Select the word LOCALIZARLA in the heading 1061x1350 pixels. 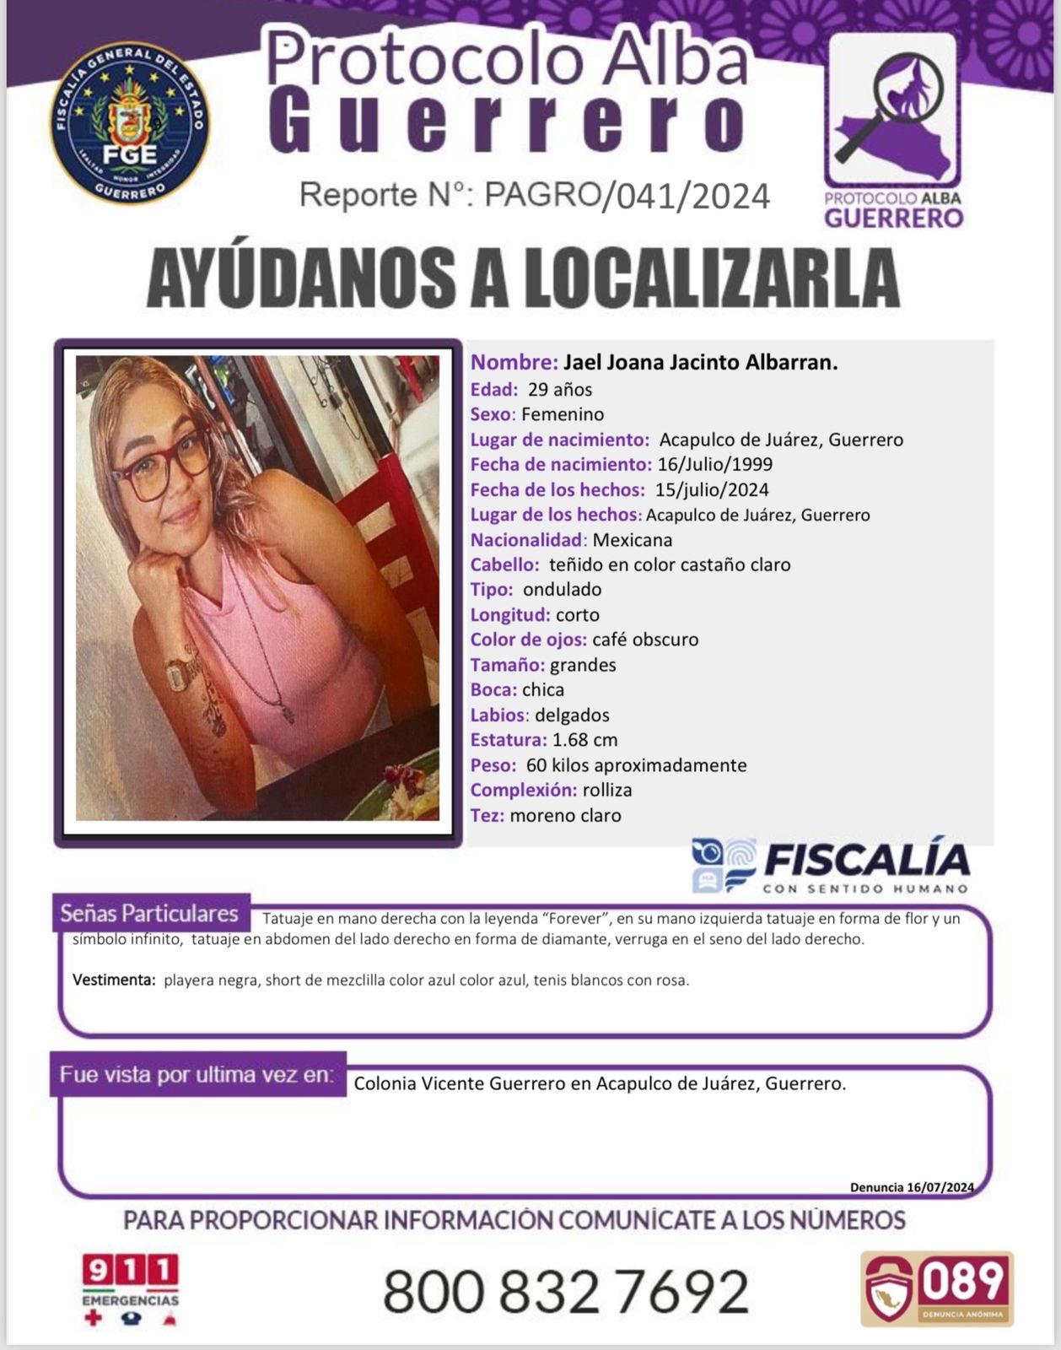tap(713, 278)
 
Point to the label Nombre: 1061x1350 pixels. tap(514, 363)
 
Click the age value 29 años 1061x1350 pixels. tap(560, 390)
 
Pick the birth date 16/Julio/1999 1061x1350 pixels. tap(715, 464)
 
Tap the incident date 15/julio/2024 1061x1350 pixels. tap(712, 489)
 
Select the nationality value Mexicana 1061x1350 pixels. tap(633, 540)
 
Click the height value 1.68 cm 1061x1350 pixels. tap(584, 740)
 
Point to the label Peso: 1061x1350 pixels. tap(493, 765)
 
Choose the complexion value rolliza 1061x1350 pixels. tap(607, 791)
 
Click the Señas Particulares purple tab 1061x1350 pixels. tap(150, 913)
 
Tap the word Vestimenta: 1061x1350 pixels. tap(114, 980)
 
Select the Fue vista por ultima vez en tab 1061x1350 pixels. tap(197, 1075)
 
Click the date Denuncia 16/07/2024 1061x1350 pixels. tap(912, 1187)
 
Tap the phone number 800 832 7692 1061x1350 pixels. tap(566, 1291)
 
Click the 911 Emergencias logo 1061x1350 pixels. tap(130, 1289)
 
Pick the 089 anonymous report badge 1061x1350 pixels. tap(937, 1288)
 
